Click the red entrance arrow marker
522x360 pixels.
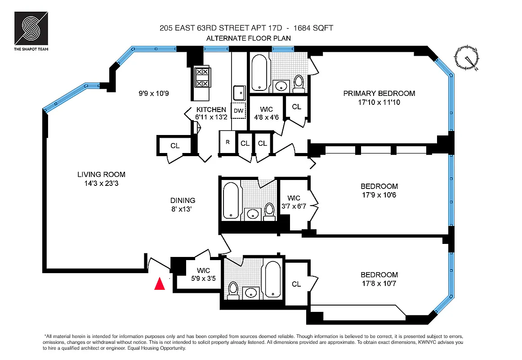click(159, 284)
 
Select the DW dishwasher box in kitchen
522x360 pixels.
click(238, 110)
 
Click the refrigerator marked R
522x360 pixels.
click(228, 143)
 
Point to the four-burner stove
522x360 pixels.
click(201, 77)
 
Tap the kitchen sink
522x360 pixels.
click(238, 92)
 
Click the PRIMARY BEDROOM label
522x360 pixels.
click(379, 94)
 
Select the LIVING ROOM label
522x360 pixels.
click(101, 175)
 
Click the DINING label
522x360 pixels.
click(183, 200)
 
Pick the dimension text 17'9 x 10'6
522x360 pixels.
click(379, 195)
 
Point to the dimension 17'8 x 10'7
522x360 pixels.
click(379, 283)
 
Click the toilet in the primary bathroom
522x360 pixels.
click(299, 83)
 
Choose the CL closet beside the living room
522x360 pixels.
click(175, 146)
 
